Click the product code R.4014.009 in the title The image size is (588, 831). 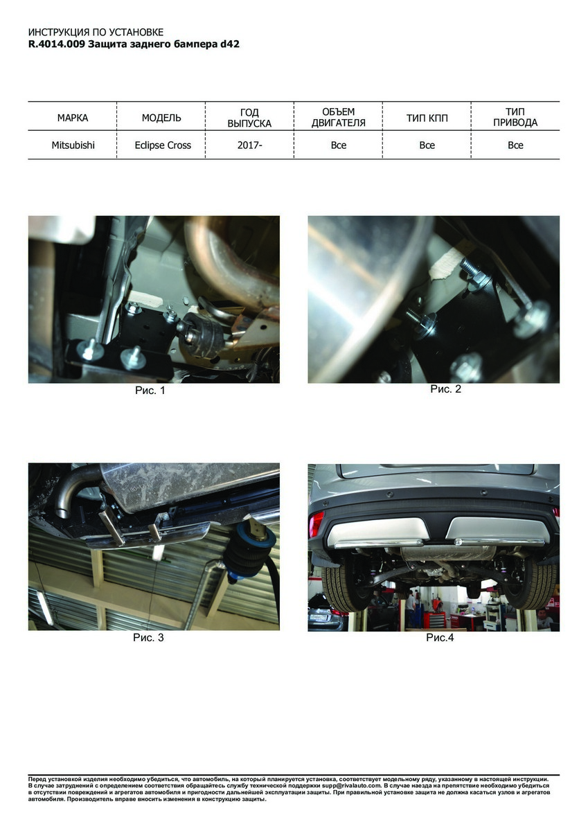click(57, 44)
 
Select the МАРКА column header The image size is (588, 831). click(73, 118)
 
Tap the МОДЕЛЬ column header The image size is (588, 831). click(161, 118)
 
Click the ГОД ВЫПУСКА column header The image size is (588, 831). click(249, 118)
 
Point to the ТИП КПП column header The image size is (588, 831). click(427, 118)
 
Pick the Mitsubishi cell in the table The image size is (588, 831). click(73, 145)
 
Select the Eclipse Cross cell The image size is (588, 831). click(163, 145)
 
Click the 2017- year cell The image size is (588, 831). click(249, 145)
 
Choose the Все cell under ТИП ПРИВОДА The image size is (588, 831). click(515, 145)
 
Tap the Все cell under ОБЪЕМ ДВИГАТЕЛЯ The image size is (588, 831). click(339, 145)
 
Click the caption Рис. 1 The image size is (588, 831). click(150, 391)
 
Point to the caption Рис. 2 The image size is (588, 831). click(445, 388)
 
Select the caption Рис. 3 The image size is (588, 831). click(148, 638)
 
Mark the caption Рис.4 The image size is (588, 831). click(440, 638)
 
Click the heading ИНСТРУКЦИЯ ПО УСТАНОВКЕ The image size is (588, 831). click(96, 33)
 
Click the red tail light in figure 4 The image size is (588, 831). click(317, 524)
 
